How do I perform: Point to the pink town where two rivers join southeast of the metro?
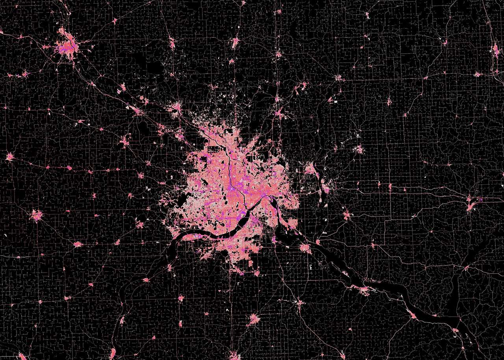click(306, 248)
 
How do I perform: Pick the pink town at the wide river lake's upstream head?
click(363, 291)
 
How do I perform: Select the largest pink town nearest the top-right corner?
click(495, 49)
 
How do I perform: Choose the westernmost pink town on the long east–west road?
click(9, 157)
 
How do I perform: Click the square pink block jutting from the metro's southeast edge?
click(292, 223)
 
